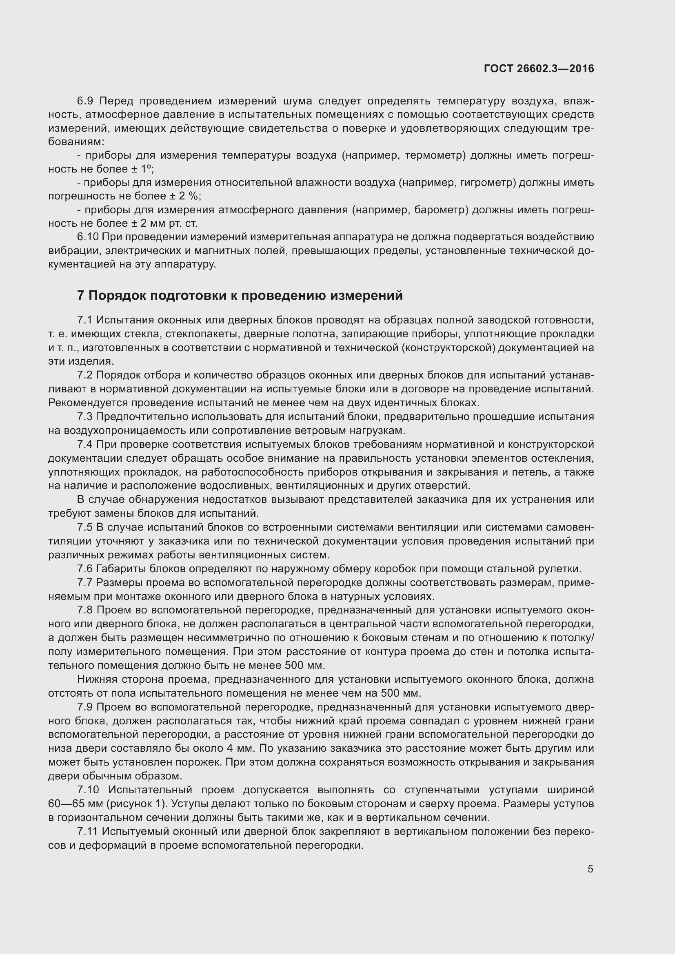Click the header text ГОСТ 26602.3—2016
tap(539, 69)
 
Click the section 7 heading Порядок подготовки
tap(240, 295)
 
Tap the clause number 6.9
tap(86, 101)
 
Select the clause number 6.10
tap(88, 237)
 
